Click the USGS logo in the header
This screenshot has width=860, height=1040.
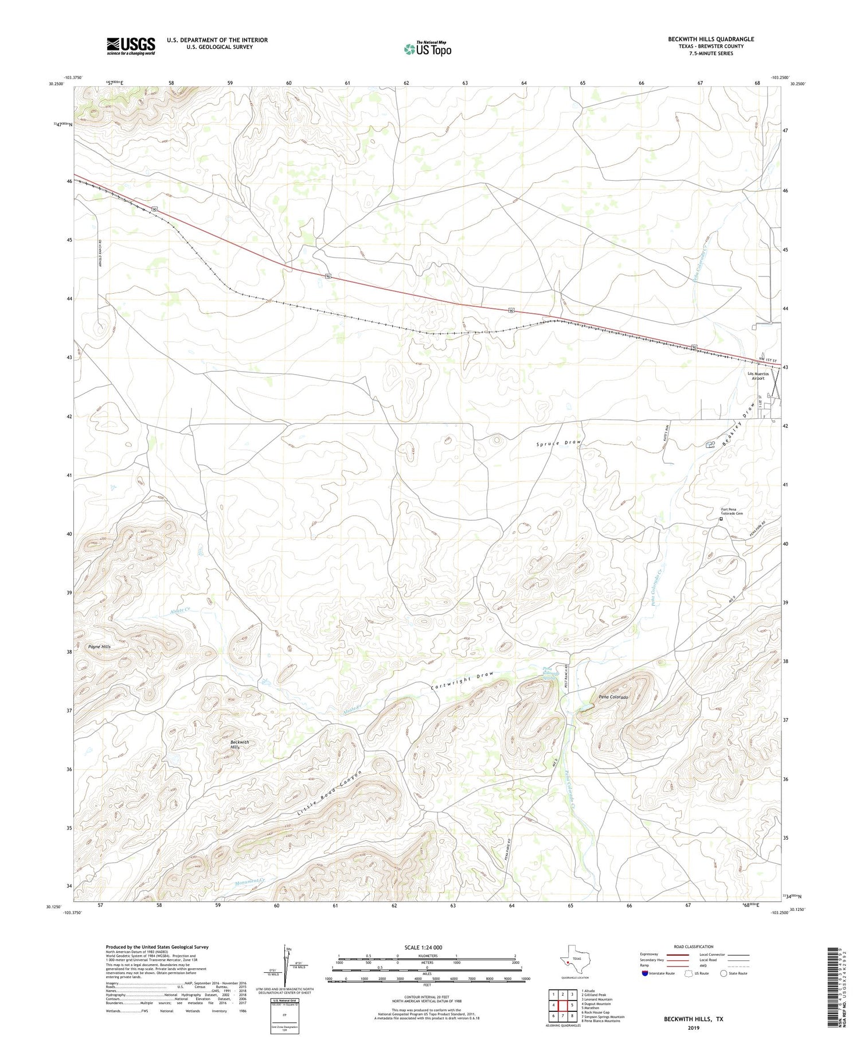point(131,46)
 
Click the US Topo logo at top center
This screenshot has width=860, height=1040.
point(427,49)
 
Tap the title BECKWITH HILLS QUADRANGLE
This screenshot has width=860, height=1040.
point(710,39)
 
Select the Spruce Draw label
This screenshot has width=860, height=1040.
point(558,443)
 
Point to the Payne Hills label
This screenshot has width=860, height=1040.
point(99,646)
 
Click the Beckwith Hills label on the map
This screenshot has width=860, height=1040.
point(239,745)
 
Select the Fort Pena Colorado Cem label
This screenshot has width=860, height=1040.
point(732,511)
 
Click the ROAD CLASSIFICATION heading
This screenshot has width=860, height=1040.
point(693,946)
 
